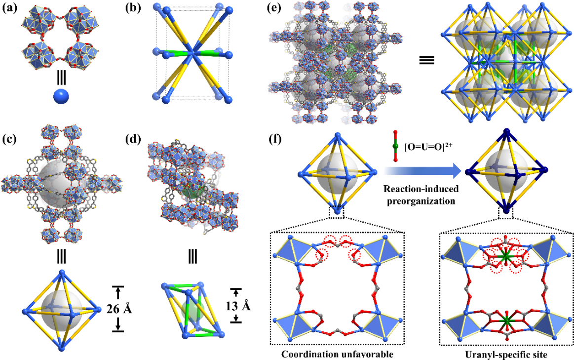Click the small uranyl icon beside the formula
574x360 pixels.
coord(395,146)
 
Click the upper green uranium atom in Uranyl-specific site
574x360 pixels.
coord(504,257)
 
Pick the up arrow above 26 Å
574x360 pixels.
coord(117,293)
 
